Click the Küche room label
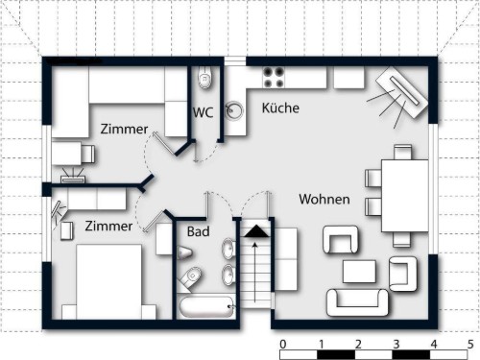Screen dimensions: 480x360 [280, 108]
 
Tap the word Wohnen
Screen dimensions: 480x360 [324, 199]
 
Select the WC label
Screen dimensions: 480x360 [203, 112]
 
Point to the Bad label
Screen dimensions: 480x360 [199, 231]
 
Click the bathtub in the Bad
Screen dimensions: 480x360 [206, 307]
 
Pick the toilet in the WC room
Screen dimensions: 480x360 [204, 77]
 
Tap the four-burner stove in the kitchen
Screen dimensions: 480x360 [274, 78]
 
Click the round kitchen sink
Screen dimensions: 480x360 [234, 110]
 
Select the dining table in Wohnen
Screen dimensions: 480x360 [404, 196]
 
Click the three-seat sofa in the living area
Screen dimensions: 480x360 [357, 302]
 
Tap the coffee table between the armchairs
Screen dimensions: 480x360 [359, 272]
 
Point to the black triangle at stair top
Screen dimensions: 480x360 [256, 231]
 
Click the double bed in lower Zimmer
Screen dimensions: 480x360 [108, 281]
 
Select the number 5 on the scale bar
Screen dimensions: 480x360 [470, 345]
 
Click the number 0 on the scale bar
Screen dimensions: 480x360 [283, 345]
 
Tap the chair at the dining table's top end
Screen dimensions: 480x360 [403, 153]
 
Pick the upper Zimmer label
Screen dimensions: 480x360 [124, 129]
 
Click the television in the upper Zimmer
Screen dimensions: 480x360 [73, 177]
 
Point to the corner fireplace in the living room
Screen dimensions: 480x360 [402, 92]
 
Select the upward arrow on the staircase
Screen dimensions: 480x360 [254, 272]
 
